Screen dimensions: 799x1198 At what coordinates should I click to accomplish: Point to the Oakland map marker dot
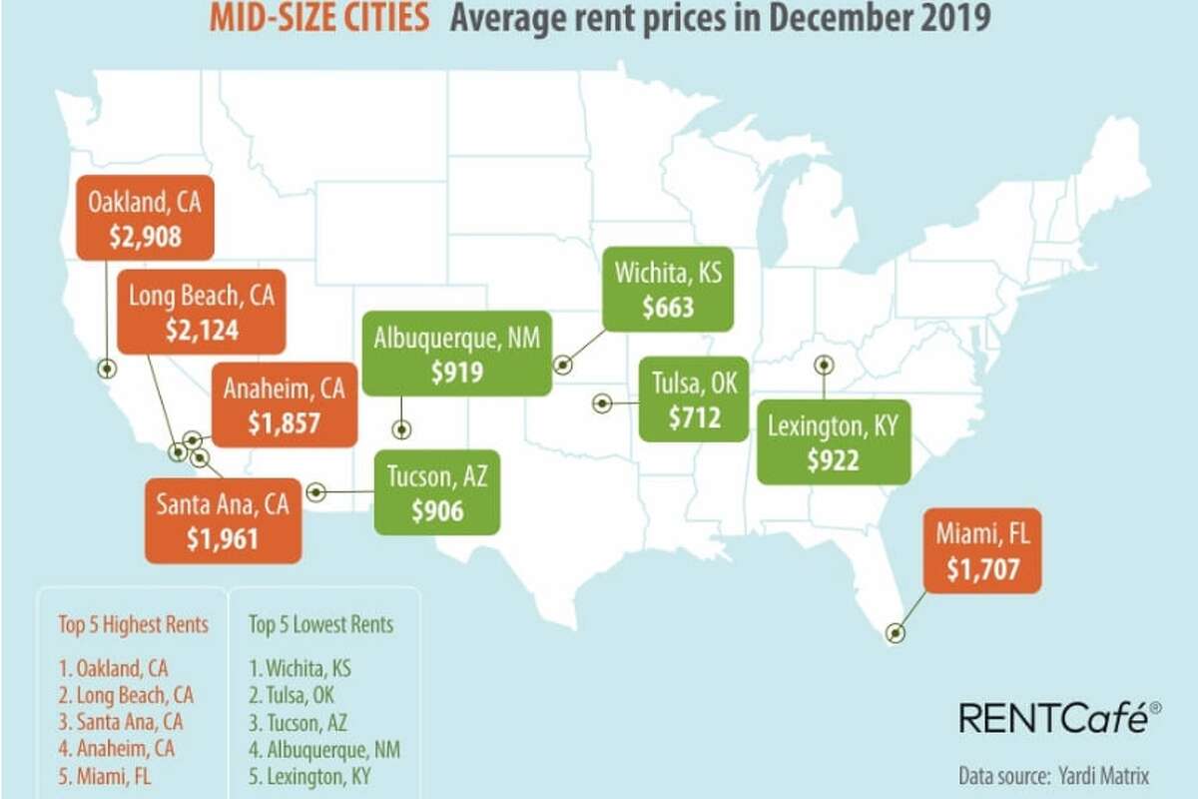pos(106,369)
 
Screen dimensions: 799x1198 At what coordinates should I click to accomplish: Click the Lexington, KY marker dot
pos(825,365)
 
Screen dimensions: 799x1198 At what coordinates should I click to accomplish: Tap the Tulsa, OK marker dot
pos(602,403)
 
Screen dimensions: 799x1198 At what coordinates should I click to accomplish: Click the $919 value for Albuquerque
pos(457,373)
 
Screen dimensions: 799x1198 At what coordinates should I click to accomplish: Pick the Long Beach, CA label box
pos(201,311)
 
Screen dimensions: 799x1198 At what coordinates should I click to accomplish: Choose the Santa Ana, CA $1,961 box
pos(223,521)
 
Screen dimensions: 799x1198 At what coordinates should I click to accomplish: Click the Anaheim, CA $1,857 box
pos(285,404)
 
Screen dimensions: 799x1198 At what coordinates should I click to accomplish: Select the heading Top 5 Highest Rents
pos(134,626)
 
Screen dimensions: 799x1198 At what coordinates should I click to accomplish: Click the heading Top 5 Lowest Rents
pos(320,626)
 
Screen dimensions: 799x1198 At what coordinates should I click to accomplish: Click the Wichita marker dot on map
pos(562,366)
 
